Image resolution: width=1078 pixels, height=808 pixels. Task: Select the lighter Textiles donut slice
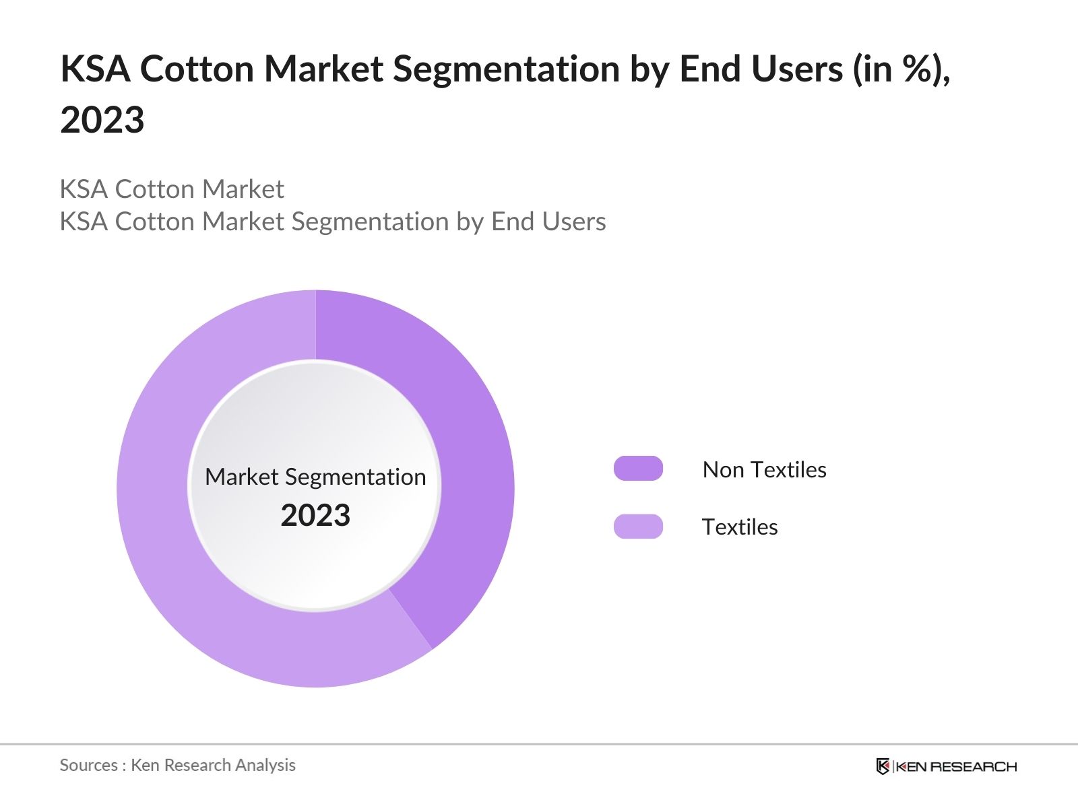click(x=175, y=539)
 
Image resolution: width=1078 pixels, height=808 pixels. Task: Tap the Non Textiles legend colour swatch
click(x=638, y=469)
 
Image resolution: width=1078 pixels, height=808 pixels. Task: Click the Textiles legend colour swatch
click(x=638, y=526)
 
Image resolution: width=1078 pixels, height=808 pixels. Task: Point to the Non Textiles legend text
click(x=764, y=469)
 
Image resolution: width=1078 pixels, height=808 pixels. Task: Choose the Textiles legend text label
click(x=740, y=527)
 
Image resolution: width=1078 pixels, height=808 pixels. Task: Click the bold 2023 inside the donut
click(x=315, y=515)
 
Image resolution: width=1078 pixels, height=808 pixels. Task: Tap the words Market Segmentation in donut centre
click(x=315, y=477)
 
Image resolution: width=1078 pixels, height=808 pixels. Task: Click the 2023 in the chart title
click(x=102, y=120)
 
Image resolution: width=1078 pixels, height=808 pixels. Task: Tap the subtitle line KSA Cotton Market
click(x=172, y=189)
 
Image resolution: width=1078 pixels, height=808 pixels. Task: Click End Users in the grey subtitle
click(x=548, y=222)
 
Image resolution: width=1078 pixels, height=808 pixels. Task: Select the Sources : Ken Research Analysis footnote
click(x=177, y=765)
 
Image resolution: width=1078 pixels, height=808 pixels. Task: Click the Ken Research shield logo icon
click(x=883, y=766)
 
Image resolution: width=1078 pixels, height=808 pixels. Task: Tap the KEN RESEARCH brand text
click(x=956, y=766)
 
